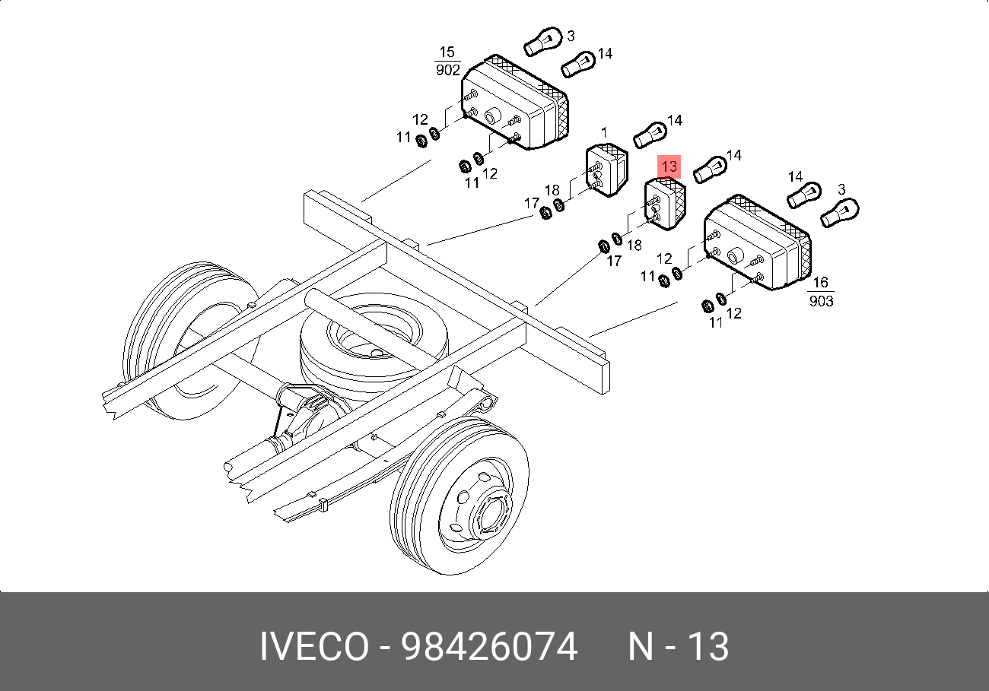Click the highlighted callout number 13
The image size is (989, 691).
click(669, 166)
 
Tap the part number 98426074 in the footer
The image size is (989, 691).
click(489, 647)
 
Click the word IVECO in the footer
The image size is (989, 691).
click(313, 647)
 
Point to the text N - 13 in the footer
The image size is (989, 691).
click(678, 647)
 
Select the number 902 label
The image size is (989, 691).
click(448, 70)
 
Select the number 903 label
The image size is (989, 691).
click(822, 301)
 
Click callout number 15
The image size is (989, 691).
click(447, 52)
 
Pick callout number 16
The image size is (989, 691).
click(820, 284)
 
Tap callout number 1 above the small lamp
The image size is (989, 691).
click(604, 132)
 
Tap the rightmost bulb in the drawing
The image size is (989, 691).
click(841, 212)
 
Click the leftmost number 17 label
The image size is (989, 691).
click(531, 203)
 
